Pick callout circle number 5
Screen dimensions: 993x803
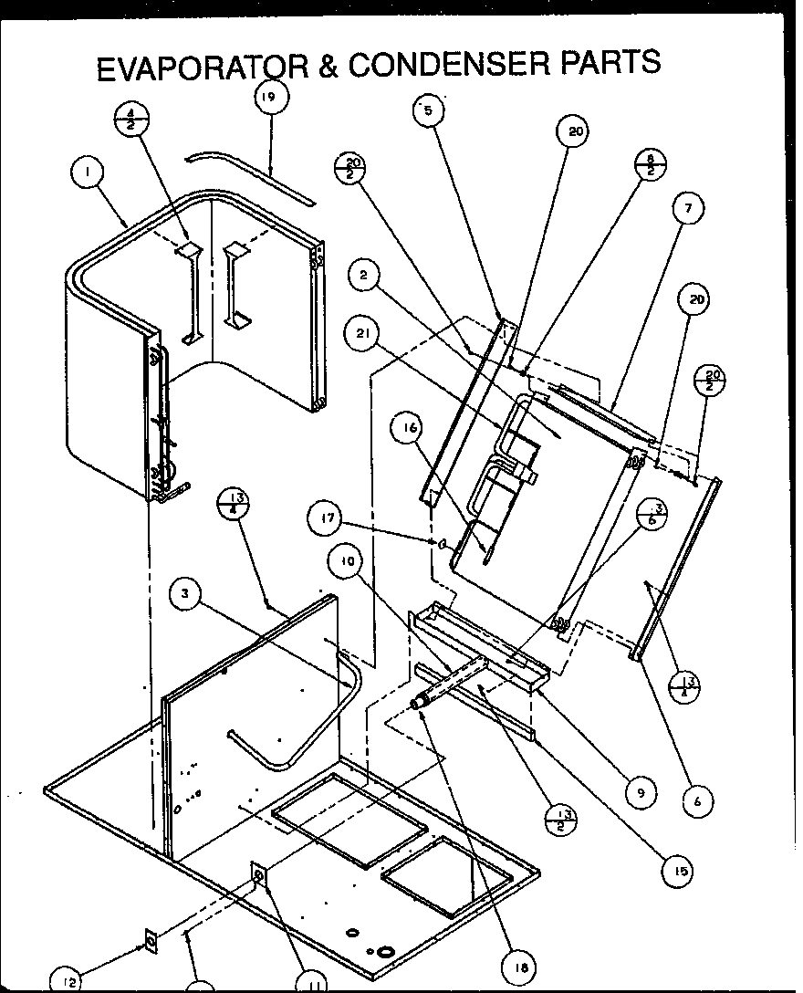(x=428, y=111)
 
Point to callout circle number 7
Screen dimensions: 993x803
(x=688, y=208)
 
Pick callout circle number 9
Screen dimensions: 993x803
(x=640, y=793)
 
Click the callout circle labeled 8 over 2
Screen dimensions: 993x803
(x=651, y=164)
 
